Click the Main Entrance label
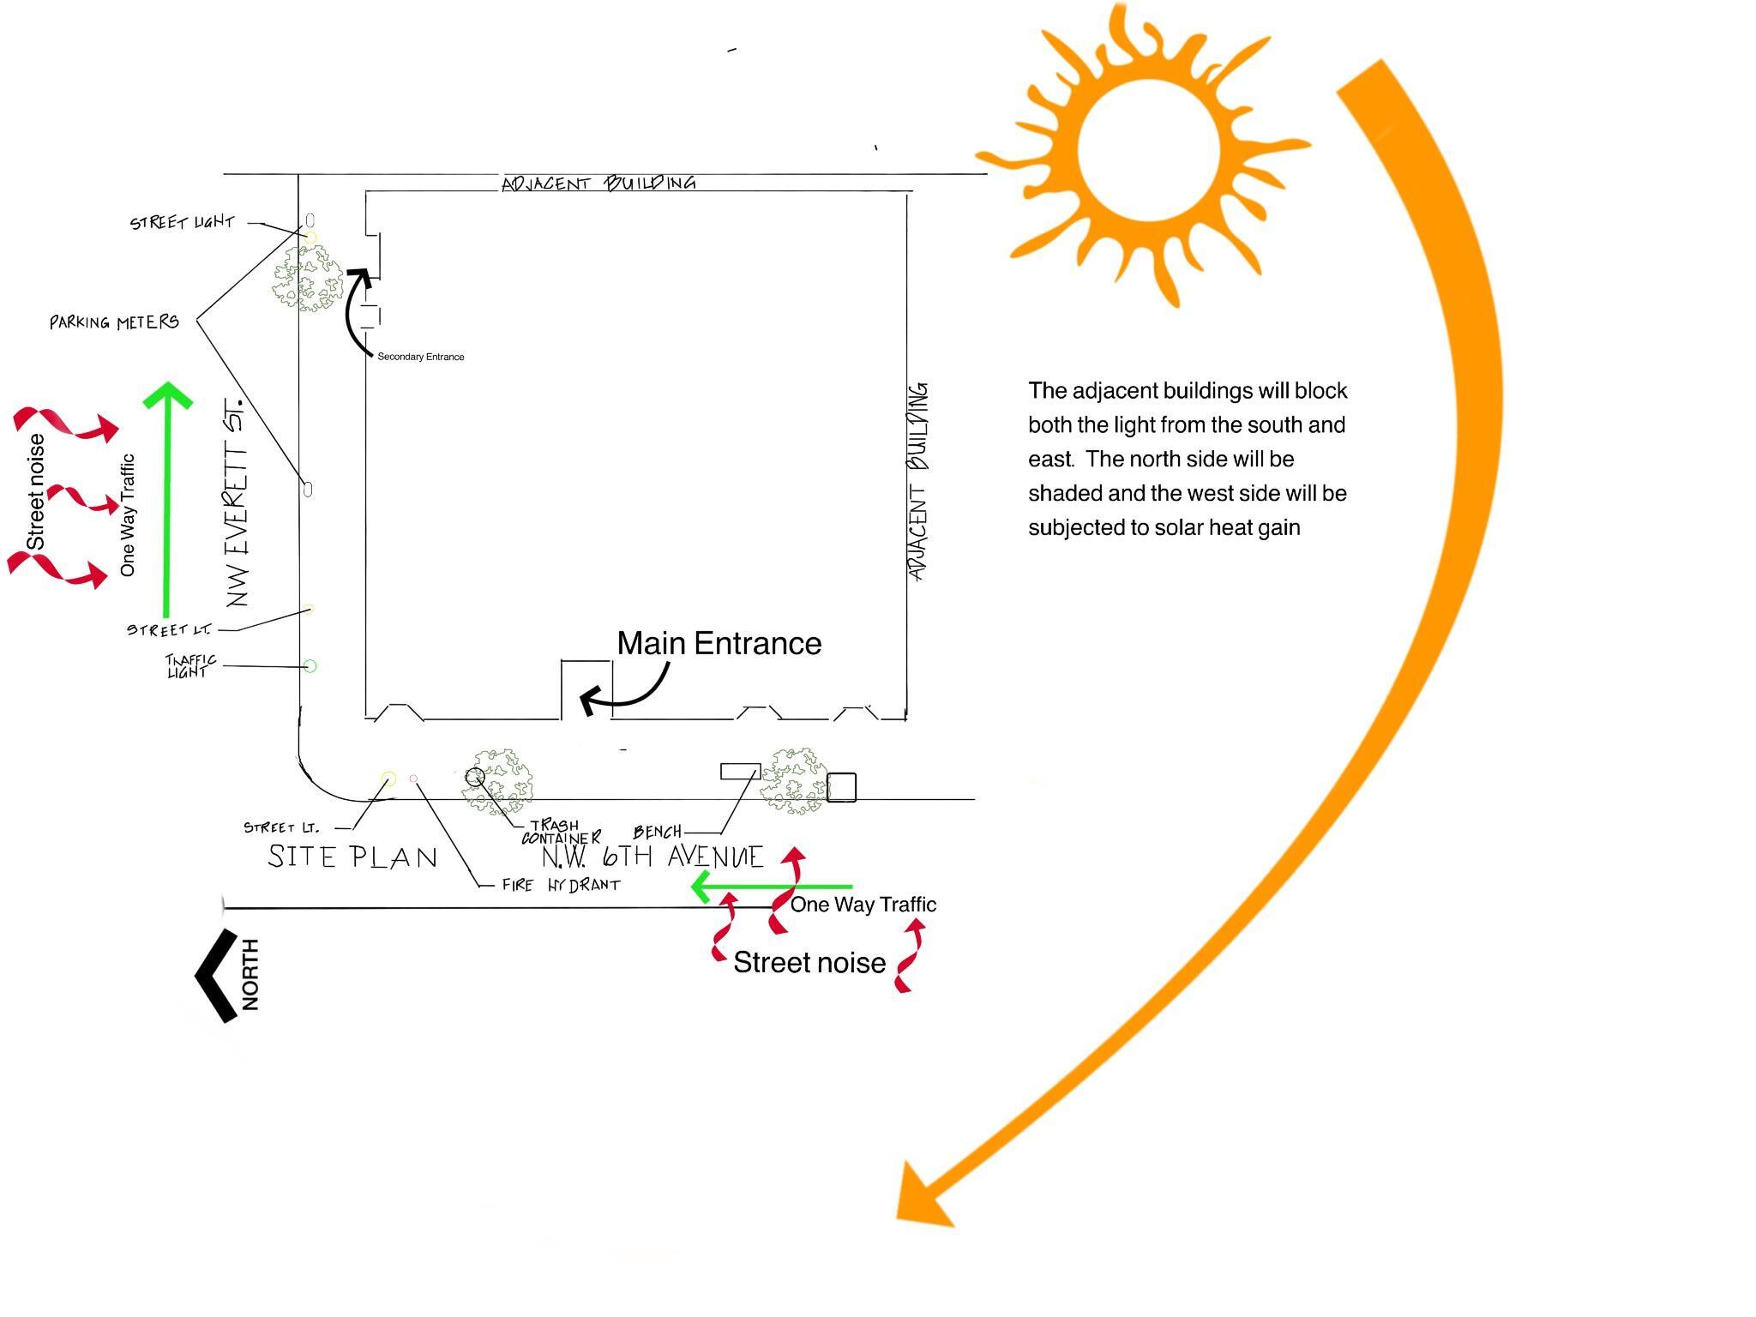click(x=719, y=643)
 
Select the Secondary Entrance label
click(x=420, y=357)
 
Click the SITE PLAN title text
click(x=352, y=857)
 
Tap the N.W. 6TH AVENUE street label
click(x=652, y=857)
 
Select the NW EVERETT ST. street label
click(x=238, y=502)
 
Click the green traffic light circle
click(x=310, y=666)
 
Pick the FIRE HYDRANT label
click(x=561, y=885)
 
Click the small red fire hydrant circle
click(x=413, y=779)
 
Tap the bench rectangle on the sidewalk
click(x=739, y=771)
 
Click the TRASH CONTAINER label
click(x=559, y=832)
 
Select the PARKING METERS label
click(x=114, y=322)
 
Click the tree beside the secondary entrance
click(x=308, y=278)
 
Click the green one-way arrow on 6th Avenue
click(x=771, y=887)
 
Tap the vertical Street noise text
click(x=36, y=492)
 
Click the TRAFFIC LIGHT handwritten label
click(x=190, y=666)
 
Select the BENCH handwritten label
click(x=657, y=832)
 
